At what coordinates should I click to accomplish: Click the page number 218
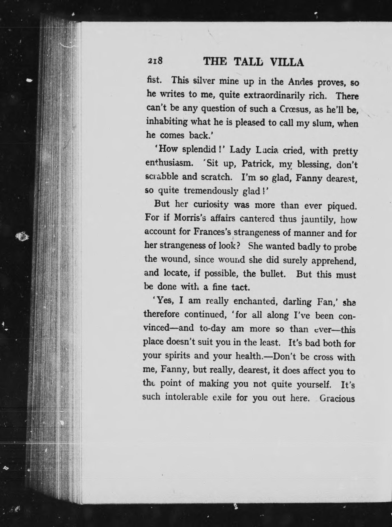coord(154,61)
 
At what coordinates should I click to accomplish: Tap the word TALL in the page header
coord(249,62)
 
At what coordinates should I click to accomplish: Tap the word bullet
coord(272,274)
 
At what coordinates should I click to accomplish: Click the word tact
coord(241,287)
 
